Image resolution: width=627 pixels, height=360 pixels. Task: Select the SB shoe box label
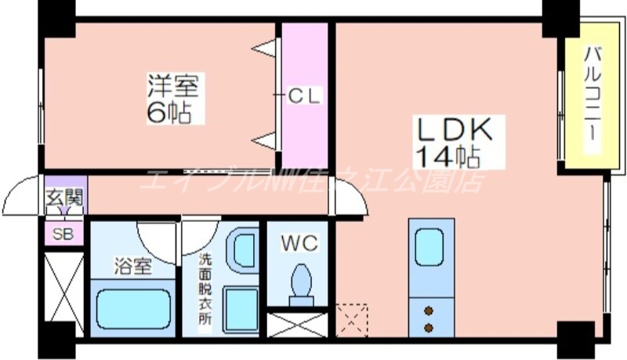pyautogui.click(x=61, y=233)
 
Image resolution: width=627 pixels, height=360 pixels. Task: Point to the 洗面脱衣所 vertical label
pyautogui.click(x=204, y=291)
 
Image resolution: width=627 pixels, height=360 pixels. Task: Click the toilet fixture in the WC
pyautogui.click(x=299, y=284)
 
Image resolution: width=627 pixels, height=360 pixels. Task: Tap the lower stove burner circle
pyautogui.click(x=429, y=325)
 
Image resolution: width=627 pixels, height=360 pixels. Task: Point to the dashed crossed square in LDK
pyautogui.click(x=351, y=319)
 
